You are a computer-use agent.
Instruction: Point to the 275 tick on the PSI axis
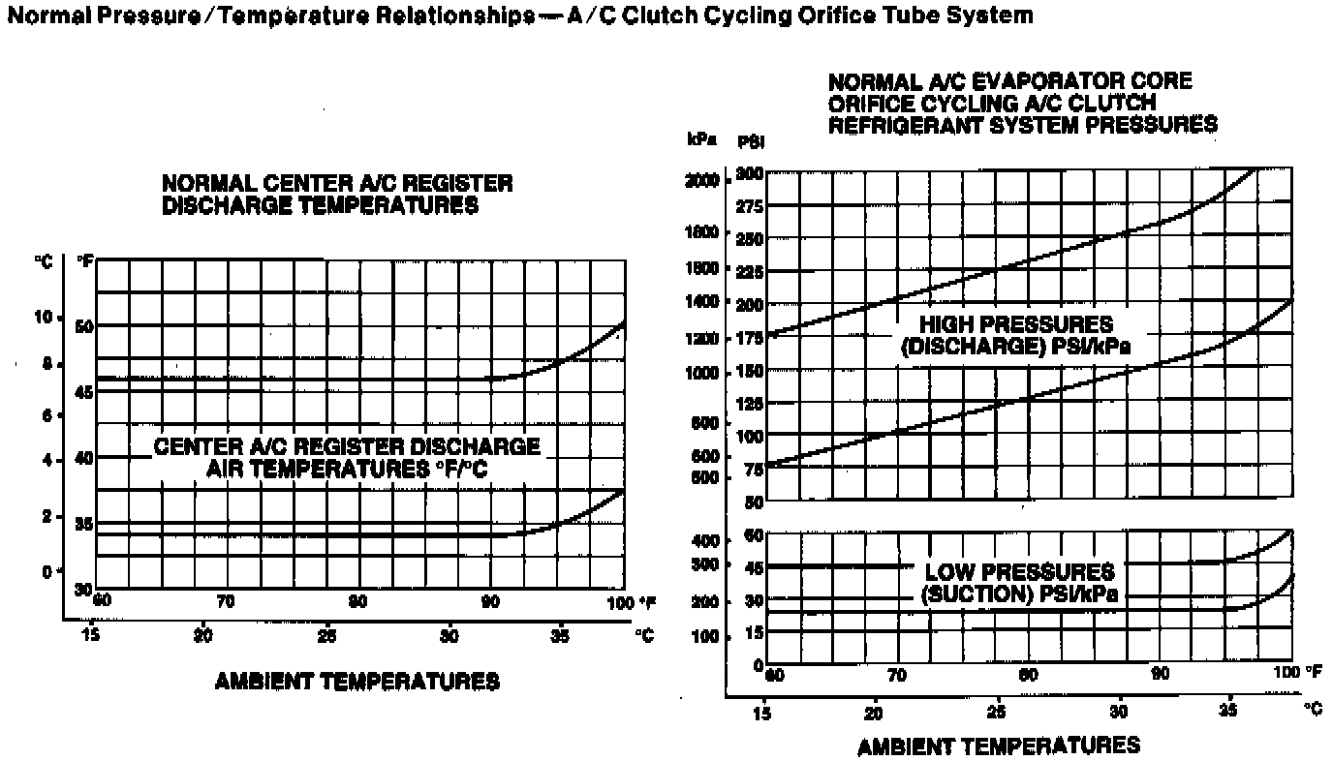[x=750, y=206]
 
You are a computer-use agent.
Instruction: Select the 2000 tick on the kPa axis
[x=703, y=181]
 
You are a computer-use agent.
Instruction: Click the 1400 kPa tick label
[x=703, y=302]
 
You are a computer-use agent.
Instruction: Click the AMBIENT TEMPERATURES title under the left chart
[x=357, y=682]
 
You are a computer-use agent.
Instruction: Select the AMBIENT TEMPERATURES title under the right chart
[x=999, y=746]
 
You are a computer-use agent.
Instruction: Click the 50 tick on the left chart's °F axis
[x=84, y=326]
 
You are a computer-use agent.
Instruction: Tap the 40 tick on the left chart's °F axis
[x=84, y=457]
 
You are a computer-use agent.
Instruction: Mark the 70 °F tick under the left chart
[x=226, y=602]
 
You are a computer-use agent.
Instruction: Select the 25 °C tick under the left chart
[x=327, y=636]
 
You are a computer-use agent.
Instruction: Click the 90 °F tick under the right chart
[x=1159, y=674]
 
